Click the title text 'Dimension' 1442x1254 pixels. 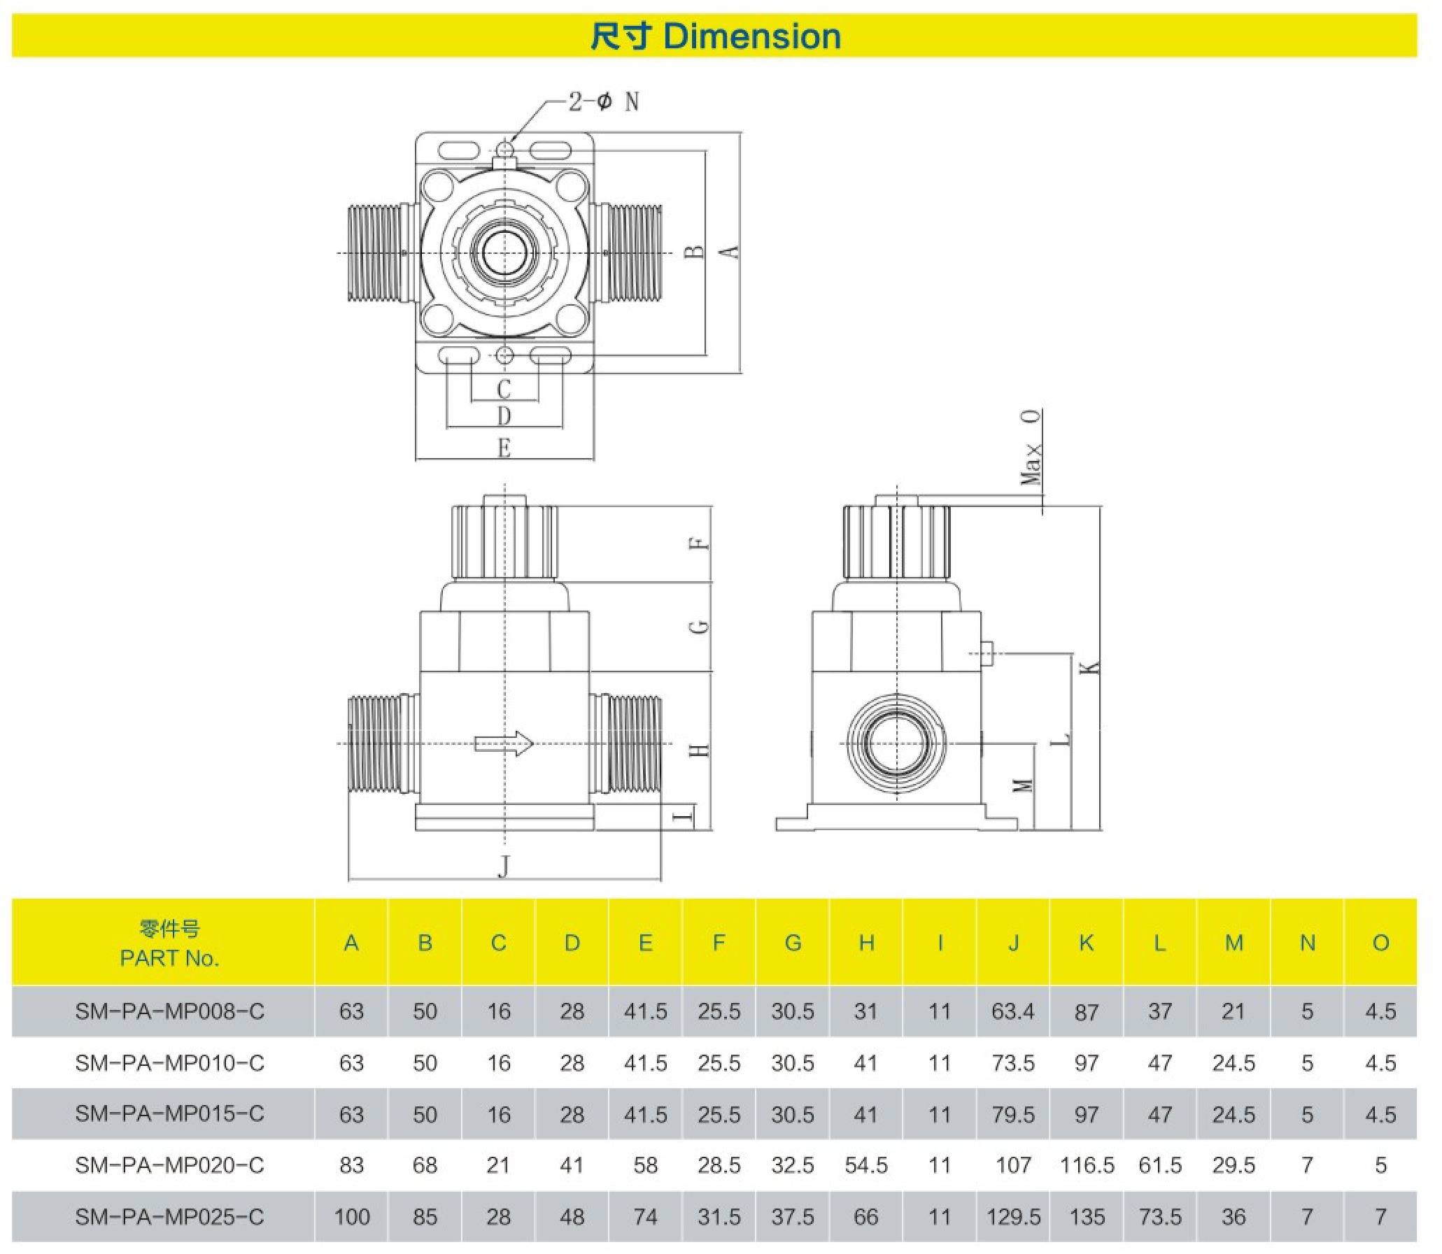point(752,36)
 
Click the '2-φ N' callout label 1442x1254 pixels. point(603,102)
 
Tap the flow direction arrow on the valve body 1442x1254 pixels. point(504,743)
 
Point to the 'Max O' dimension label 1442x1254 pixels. point(1031,448)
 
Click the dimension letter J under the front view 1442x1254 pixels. point(504,866)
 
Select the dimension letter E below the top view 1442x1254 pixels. point(504,448)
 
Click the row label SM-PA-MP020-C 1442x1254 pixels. point(169,1165)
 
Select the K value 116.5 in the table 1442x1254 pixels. point(1087,1165)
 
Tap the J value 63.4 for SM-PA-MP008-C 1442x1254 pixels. point(1013,1011)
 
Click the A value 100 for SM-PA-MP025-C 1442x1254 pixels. point(351,1217)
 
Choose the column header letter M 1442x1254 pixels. point(1234,943)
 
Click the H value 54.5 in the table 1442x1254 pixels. point(866,1165)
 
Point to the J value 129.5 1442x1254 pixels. point(1013,1217)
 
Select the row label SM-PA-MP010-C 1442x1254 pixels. point(169,1063)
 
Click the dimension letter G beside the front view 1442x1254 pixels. point(699,625)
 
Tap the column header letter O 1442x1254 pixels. point(1380,943)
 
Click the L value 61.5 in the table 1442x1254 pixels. point(1160,1165)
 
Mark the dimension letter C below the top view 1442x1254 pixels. point(504,389)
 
